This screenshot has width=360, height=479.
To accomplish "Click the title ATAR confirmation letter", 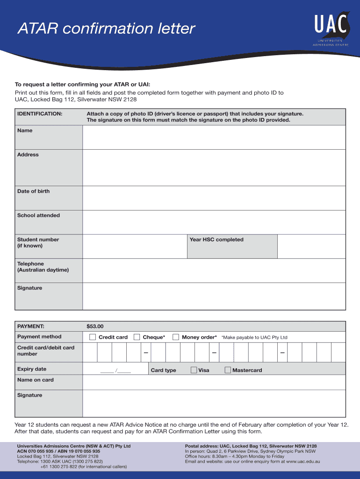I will tap(106, 29).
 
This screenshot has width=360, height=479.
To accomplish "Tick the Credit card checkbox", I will tap(93, 337).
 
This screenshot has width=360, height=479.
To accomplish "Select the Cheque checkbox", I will tap(137, 337).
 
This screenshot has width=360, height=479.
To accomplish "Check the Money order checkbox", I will tap(176, 337).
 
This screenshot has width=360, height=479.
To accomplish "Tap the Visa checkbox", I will tap(194, 370).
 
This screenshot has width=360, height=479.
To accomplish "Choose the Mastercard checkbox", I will tap(228, 370).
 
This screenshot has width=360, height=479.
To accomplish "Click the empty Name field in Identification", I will tap(214, 137).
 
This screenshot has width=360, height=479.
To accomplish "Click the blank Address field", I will tap(214, 167).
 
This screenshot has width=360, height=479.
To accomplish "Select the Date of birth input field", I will tap(214, 197).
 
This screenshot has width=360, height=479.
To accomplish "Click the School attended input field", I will tap(214, 222).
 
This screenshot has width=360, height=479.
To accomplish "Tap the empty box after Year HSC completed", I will tap(311, 246).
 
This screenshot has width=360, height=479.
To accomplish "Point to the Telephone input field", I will tap(214, 270).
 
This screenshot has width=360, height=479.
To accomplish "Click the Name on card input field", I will tap(214, 382).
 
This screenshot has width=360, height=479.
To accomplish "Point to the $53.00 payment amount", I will tap(95, 326).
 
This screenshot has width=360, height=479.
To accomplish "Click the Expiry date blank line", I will tap(115, 370).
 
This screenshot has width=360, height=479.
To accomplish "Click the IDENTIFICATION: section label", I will tap(40, 114).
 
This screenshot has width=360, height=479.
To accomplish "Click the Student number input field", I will tap(135, 246).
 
